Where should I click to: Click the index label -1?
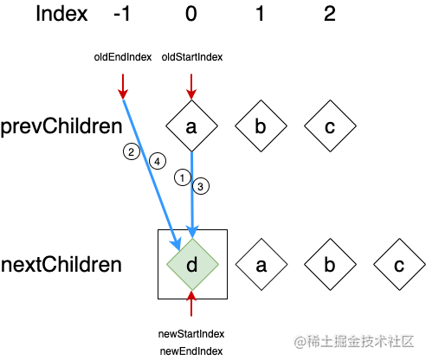[x=122, y=14]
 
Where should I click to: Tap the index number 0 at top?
[x=191, y=14]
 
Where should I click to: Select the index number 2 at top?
[x=330, y=14]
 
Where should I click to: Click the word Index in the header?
[x=61, y=14]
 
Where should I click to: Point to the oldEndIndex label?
[x=123, y=57]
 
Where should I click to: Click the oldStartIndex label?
[x=192, y=57]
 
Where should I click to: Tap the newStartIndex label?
[x=191, y=334]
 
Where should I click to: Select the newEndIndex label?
[x=191, y=351]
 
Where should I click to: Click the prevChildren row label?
[x=61, y=127]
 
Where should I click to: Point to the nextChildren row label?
[x=61, y=265]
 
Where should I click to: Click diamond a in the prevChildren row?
[x=191, y=125]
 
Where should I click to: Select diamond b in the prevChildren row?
[x=261, y=125]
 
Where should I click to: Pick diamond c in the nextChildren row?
[x=399, y=264]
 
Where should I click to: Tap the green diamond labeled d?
[x=192, y=264]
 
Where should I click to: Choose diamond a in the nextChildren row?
[x=261, y=264]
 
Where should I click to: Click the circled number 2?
[x=132, y=151]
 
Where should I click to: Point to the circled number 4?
[x=158, y=161]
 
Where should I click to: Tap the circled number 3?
[x=201, y=186]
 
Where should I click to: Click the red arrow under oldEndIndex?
[x=123, y=87]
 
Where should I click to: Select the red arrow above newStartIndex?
[x=191, y=304]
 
